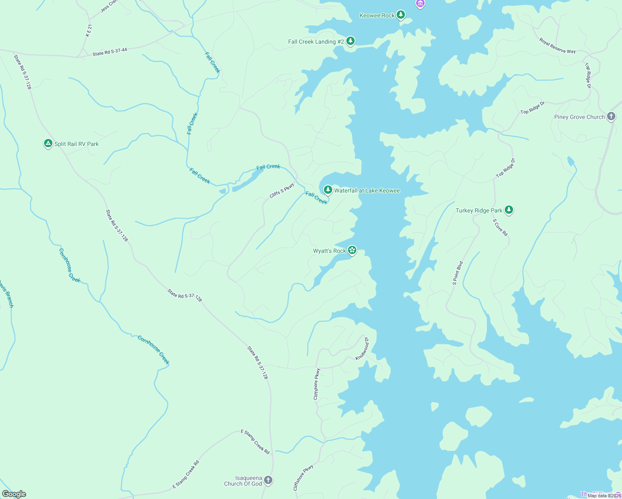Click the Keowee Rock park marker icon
click(400, 15)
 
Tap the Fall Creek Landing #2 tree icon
click(350, 41)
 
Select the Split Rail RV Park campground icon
click(48, 143)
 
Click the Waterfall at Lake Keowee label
click(367, 191)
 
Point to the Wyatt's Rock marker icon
click(352, 250)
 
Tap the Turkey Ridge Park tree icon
click(508, 210)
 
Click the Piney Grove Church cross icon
click(611, 116)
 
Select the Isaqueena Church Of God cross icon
click(268, 480)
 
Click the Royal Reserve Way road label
click(558, 46)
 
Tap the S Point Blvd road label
click(458, 273)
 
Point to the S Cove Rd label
click(500, 227)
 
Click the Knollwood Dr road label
click(362, 348)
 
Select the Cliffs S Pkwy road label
click(282, 190)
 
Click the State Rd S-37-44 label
click(110, 52)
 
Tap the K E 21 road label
click(89, 31)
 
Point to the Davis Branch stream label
click(7, 294)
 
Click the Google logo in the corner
click(14, 494)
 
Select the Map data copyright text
click(604, 496)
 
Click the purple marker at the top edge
click(420, 4)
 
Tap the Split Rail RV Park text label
click(77, 144)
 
